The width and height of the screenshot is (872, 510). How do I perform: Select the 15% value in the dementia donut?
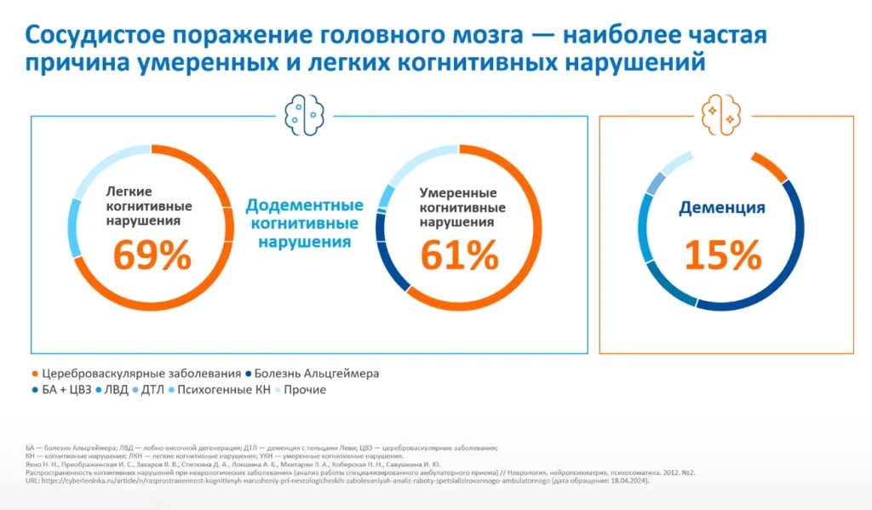[x=722, y=256]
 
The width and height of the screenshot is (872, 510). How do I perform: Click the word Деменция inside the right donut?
[x=722, y=208]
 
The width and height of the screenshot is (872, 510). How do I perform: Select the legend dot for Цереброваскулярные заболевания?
[x=34, y=374]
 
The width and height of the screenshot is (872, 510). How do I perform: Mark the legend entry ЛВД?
[x=116, y=390]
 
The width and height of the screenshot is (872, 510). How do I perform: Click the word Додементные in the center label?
[x=305, y=206]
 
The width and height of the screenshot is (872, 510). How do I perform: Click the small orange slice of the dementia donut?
[x=771, y=167]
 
